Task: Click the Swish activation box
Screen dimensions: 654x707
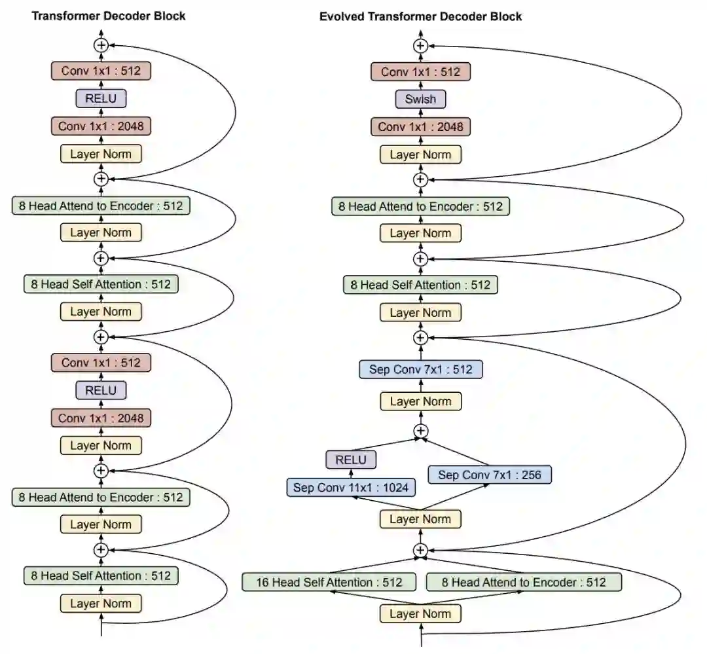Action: point(420,100)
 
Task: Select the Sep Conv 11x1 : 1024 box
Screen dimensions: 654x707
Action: point(351,488)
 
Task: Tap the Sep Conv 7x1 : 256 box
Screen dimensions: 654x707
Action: point(490,475)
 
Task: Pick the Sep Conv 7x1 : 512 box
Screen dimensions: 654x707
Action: point(420,369)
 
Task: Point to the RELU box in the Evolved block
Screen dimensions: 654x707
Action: point(351,460)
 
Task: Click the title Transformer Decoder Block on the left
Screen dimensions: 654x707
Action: point(109,16)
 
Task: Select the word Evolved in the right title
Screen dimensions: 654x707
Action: point(342,16)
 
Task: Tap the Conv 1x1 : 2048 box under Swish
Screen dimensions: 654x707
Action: point(420,126)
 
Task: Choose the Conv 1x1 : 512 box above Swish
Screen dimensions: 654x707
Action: point(420,71)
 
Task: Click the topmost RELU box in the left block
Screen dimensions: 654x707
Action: point(101,99)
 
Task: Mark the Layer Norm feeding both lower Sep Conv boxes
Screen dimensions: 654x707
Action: point(420,519)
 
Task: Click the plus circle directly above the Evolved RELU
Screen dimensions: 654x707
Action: point(420,431)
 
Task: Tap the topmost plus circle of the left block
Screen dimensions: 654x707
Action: point(101,45)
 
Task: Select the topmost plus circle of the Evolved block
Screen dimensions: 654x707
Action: point(420,45)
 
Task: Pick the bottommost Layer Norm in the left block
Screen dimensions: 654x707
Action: point(101,604)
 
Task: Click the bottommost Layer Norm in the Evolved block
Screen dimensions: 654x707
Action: point(420,613)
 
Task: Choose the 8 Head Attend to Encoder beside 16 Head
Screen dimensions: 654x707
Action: point(524,582)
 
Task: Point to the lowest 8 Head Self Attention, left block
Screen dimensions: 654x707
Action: point(101,576)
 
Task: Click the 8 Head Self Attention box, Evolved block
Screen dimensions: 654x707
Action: point(420,285)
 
